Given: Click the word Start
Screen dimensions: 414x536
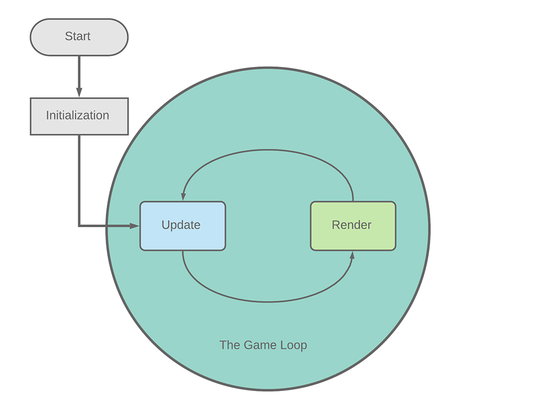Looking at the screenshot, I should click(x=77, y=36).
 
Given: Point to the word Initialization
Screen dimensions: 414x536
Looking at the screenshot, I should click(x=77, y=116).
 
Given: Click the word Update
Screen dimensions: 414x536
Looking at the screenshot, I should click(x=181, y=225).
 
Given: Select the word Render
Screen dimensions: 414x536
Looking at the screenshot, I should click(x=352, y=225).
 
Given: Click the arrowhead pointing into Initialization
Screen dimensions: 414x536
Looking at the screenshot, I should click(x=79, y=93).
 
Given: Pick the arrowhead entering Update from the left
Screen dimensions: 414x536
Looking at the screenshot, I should click(x=135, y=226).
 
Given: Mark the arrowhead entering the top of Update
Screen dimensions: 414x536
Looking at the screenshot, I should click(x=183, y=196).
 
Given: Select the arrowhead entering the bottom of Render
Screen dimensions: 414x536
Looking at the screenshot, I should click(x=352, y=255).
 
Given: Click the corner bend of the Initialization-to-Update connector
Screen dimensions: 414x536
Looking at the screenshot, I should click(x=79, y=226).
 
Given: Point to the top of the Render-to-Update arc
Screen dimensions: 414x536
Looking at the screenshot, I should click(x=268, y=150).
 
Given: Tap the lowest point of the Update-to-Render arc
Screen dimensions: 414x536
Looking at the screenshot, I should click(x=268, y=302).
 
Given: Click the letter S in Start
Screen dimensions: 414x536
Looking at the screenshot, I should click(x=68, y=36).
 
